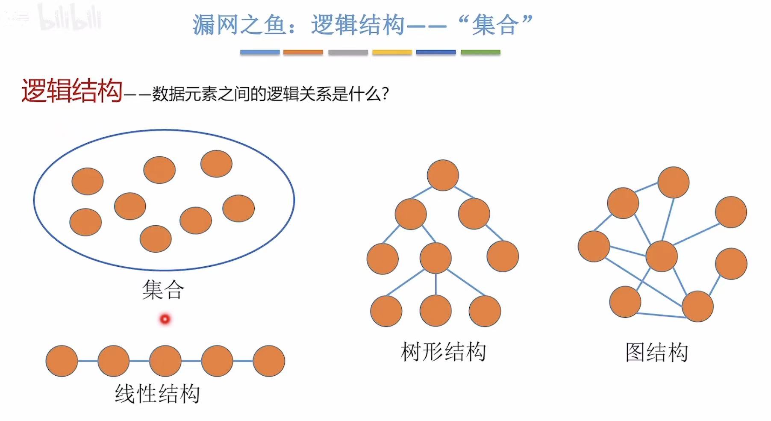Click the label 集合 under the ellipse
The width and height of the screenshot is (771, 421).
point(163,290)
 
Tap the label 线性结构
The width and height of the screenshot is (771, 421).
point(157,394)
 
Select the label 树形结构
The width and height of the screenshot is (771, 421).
point(444,352)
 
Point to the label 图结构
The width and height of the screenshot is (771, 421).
point(656,353)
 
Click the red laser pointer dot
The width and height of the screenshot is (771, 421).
point(165,319)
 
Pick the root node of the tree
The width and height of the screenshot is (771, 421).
point(443,175)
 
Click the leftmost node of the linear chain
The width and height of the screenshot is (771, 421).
point(62,361)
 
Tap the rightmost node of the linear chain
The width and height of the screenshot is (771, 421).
point(269,361)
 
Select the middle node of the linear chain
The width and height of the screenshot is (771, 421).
point(165,361)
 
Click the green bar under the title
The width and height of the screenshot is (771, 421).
point(480,53)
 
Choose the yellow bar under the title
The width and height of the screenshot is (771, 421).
point(392,53)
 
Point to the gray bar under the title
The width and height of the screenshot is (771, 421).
point(348,53)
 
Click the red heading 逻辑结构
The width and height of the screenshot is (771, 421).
point(72,91)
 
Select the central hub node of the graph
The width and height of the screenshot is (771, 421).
point(662,256)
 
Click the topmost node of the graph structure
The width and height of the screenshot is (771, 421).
point(674,183)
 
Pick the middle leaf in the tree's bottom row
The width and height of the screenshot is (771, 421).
point(436,311)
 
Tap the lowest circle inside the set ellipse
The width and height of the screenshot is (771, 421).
point(156,239)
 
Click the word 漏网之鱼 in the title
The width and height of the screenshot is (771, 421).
point(239,24)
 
